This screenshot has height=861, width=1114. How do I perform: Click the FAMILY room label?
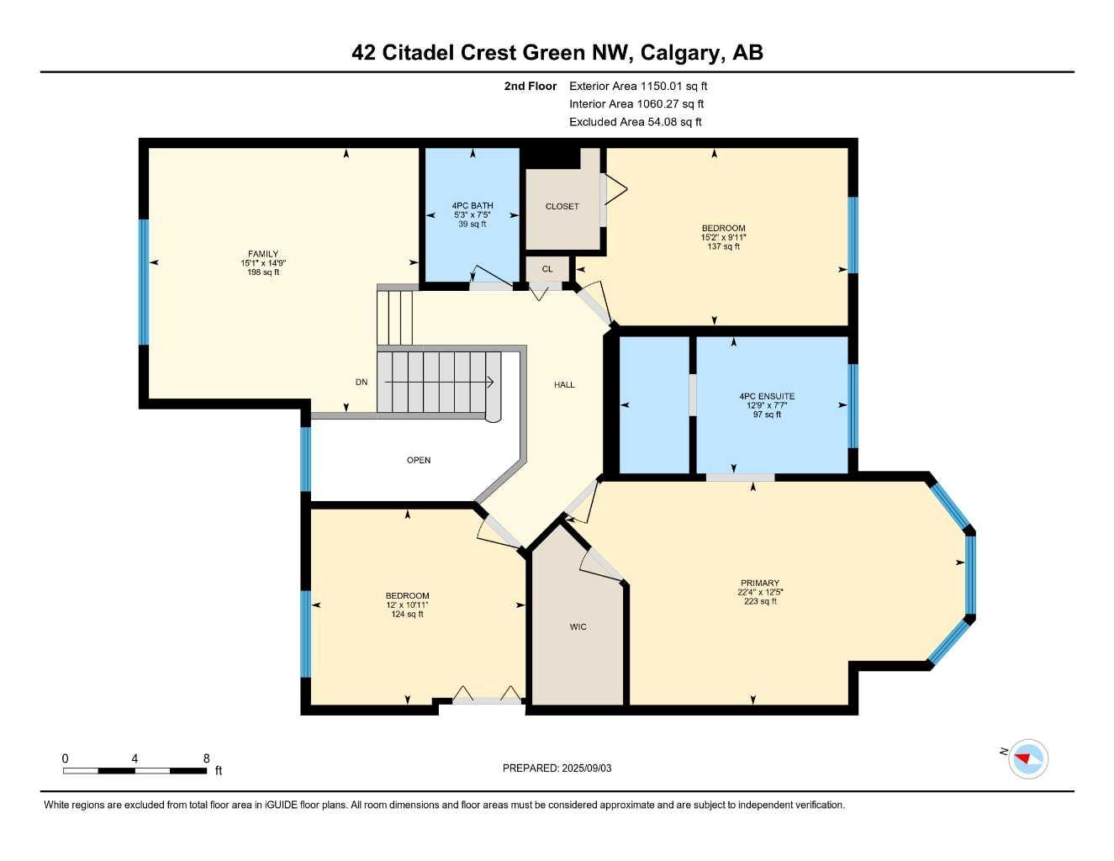pyautogui.click(x=262, y=254)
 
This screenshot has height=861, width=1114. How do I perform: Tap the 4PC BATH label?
pyautogui.click(x=472, y=206)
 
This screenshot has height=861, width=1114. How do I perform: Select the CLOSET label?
pyautogui.click(x=562, y=207)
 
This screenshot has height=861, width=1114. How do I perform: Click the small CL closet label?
pyautogui.click(x=547, y=269)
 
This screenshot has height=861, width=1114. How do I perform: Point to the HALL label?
pyautogui.click(x=564, y=385)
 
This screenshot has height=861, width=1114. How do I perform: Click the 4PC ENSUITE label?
pyautogui.click(x=766, y=396)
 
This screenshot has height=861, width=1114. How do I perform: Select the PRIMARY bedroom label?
pyautogui.click(x=759, y=583)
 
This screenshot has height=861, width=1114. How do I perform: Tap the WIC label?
pyautogui.click(x=578, y=627)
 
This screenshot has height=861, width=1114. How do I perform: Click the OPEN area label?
pyautogui.click(x=419, y=461)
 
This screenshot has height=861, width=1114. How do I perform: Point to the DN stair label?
pyautogui.click(x=362, y=383)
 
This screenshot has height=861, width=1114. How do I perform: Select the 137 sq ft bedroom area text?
pyautogui.click(x=723, y=247)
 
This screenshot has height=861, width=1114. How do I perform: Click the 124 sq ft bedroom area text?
pyautogui.click(x=407, y=615)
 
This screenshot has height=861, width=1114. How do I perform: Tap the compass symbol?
pyautogui.click(x=1027, y=759)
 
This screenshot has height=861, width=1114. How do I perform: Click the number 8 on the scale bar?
pyautogui.click(x=206, y=758)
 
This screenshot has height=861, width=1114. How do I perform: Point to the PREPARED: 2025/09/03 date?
pyautogui.click(x=557, y=769)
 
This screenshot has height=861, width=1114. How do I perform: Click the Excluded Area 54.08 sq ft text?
pyautogui.click(x=635, y=122)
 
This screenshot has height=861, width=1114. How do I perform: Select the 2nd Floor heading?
pyautogui.click(x=530, y=86)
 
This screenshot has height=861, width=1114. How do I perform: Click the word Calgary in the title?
pyautogui.click(x=680, y=53)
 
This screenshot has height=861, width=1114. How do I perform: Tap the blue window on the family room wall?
pyautogui.click(x=143, y=282)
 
